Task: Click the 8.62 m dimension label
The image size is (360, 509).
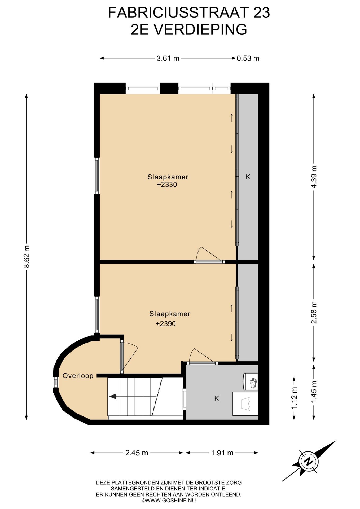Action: coord(27,257)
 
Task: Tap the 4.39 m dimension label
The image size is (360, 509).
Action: coord(314,177)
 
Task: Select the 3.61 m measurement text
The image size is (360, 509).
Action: coord(168,58)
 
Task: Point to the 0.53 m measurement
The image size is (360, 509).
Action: coord(248,58)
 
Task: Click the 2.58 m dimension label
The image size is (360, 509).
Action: coord(314,313)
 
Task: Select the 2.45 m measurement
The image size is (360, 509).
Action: coord(137,453)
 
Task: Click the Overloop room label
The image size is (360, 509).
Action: coord(78,376)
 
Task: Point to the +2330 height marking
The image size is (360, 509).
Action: coord(167,185)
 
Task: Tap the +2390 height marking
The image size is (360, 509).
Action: coord(166,324)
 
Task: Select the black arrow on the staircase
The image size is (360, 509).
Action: coord(113,397)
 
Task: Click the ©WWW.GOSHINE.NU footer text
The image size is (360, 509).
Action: coord(169,501)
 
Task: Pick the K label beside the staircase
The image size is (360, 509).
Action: coord(217,398)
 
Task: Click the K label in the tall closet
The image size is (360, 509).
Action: coord(248,177)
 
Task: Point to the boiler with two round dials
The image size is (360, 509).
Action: coord(251,381)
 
